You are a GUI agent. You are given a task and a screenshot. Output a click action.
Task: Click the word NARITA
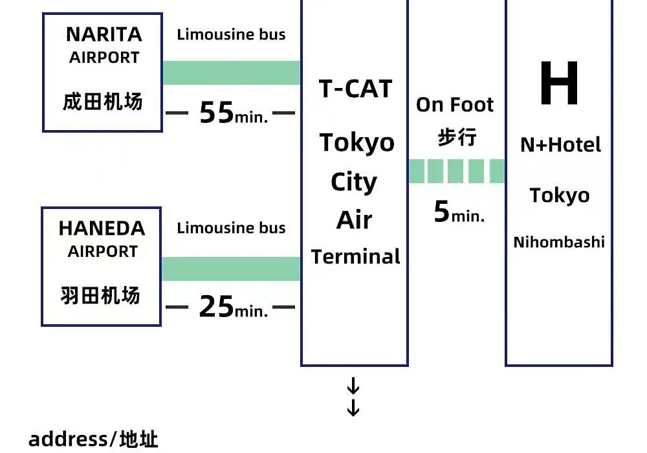pos(104,34)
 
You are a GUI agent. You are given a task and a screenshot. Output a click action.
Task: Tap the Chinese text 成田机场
pos(103,102)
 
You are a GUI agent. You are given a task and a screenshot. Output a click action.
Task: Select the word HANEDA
pos(102,228)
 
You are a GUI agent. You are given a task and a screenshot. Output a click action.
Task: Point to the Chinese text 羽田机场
pos(101,295)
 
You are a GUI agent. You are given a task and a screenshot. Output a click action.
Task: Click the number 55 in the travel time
pos(217,112)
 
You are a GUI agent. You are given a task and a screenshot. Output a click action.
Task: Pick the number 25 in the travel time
pos(216,307)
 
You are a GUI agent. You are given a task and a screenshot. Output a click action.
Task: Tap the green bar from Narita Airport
pos(232,72)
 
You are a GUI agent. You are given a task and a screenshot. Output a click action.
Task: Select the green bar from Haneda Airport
pos(231,269)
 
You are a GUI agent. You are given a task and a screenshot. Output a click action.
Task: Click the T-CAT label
pos(355,89)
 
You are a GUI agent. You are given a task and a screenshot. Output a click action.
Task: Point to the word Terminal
pos(355,256)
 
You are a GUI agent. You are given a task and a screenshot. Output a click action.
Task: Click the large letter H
pos(559,83)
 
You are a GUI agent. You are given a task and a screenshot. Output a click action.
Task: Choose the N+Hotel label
pos(560,145)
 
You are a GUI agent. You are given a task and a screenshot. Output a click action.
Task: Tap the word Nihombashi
pos(559,242)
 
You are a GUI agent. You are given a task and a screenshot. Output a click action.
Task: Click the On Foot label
pos(455,105)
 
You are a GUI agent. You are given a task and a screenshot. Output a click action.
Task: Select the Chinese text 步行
pos(457,137)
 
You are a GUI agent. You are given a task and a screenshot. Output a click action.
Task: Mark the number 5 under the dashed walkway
pos(441,211)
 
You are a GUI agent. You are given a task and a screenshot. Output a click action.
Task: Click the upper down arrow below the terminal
pos(353,386)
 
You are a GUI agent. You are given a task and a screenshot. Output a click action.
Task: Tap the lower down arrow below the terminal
pos(353,408)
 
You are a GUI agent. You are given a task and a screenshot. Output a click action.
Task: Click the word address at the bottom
pos(68,439)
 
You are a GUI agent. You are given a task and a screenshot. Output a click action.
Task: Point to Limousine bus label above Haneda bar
pos(231,228)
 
